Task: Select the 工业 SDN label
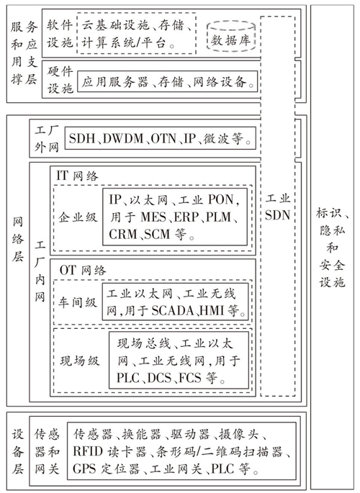277,207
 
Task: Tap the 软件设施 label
60,34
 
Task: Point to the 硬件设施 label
60,80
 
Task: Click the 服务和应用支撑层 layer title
24,53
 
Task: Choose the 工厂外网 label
47,139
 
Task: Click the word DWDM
123,138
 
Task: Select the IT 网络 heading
77,176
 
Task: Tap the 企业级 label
78,217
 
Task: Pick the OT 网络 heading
83,270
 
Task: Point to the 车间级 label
77,302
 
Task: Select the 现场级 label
79,361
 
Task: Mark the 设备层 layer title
18,452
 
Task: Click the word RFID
88,451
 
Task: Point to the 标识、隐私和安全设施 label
333,247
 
